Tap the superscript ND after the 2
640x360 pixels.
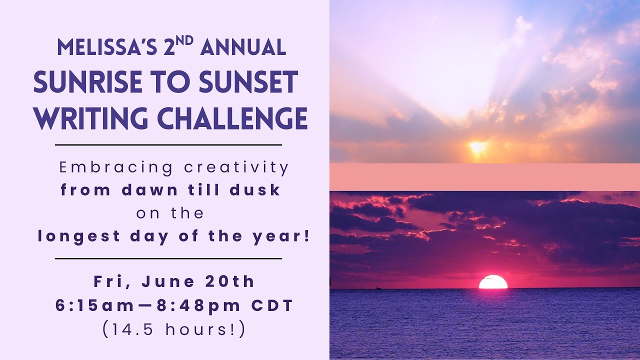point(184,40)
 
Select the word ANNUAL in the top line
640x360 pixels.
point(243,48)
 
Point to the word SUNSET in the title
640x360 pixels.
point(248,83)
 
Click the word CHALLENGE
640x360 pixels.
point(229,119)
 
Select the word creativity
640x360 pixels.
point(236,168)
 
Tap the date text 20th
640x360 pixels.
point(230,281)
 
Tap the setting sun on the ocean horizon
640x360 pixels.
point(493,282)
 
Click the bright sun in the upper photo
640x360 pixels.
point(477,147)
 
